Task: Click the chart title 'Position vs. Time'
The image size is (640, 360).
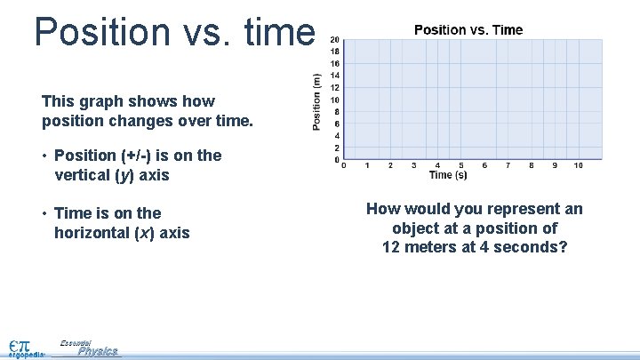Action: click(x=468, y=30)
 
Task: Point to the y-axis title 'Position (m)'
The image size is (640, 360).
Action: click(x=317, y=100)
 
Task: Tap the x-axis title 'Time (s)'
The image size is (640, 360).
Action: click(x=448, y=175)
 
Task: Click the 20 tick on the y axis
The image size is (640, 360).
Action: click(x=333, y=39)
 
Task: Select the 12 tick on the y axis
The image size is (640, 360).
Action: click(x=333, y=87)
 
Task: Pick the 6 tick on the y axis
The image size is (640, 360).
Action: click(x=334, y=124)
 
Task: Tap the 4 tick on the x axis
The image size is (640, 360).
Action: click(x=437, y=165)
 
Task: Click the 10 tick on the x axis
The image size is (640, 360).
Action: click(x=578, y=165)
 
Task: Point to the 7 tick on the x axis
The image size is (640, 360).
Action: click(x=508, y=165)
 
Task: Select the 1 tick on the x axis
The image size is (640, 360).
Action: click(x=367, y=165)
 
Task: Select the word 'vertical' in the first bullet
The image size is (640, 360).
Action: click(x=82, y=175)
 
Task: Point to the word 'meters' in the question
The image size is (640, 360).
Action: click(x=431, y=247)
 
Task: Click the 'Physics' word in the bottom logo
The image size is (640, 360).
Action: click(x=97, y=351)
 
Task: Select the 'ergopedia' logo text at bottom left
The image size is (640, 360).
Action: click(x=27, y=354)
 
